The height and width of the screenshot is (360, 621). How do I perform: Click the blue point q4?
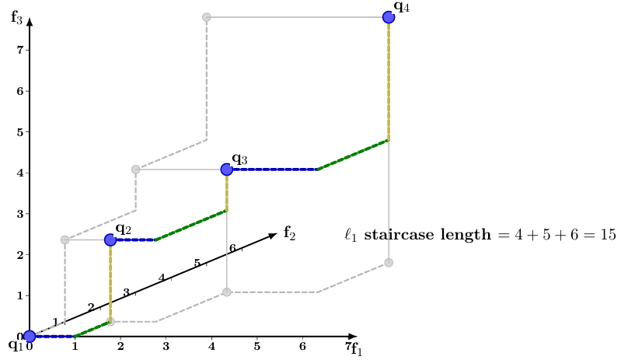(388, 17)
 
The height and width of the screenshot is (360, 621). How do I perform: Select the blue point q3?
(226, 169)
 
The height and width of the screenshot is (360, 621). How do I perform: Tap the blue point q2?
(110, 240)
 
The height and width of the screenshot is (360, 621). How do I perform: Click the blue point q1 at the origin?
(30, 336)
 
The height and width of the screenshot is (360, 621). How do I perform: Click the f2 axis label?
(289, 232)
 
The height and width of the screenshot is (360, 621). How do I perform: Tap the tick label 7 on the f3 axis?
(18, 50)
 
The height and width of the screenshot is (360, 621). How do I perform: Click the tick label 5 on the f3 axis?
(18, 132)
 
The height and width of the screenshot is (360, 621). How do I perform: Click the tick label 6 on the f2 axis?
(232, 248)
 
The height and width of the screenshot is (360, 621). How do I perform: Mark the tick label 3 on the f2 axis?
(126, 292)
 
